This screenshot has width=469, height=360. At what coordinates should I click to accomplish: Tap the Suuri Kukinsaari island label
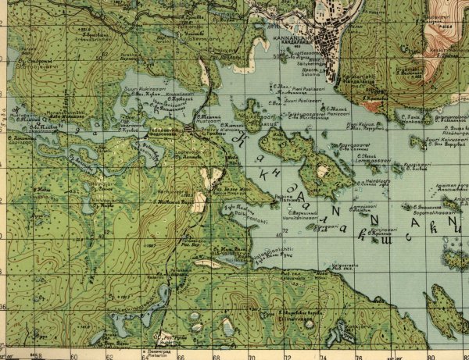click(x=141, y=89)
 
